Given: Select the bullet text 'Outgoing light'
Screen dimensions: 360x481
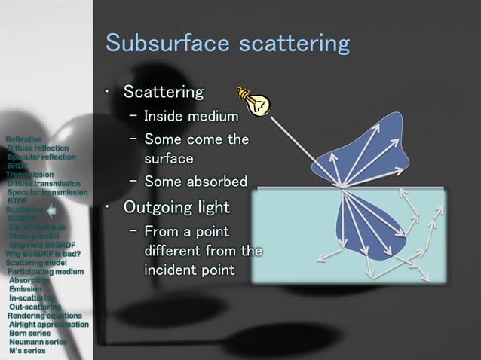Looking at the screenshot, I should (x=176, y=206).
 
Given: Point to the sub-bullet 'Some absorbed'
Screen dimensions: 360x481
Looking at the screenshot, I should (x=195, y=182).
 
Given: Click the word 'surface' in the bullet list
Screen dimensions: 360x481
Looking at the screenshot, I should (x=169, y=159).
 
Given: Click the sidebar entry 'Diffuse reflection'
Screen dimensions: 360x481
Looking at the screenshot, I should (x=38, y=148).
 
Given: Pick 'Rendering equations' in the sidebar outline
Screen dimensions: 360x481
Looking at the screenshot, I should (x=44, y=316).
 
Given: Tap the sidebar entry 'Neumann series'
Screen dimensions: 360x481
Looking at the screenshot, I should (x=38, y=342).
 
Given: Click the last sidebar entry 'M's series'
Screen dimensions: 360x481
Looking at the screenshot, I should (x=27, y=351).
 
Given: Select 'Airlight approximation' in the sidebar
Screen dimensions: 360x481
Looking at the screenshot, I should (x=49, y=325).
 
